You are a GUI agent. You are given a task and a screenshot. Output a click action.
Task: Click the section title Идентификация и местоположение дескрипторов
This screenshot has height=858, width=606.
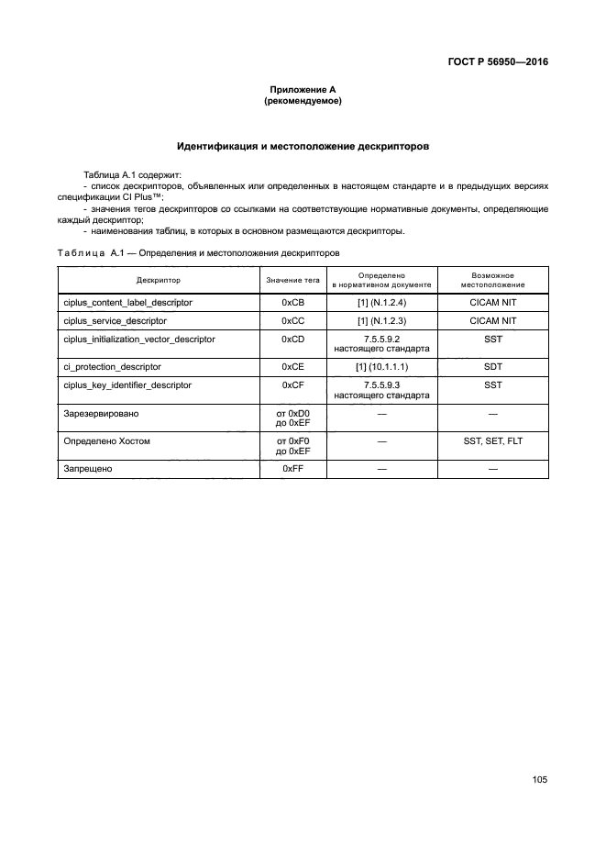[x=302, y=146]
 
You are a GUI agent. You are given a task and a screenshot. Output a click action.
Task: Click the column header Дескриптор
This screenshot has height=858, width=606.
[x=159, y=280]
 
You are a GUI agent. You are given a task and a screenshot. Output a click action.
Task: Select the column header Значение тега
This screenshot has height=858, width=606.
[x=292, y=280]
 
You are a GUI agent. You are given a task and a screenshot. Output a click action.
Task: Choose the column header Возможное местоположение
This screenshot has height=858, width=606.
[x=492, y=280]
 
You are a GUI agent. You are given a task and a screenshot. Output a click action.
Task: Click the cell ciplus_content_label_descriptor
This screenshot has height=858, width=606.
[x=127, y=302]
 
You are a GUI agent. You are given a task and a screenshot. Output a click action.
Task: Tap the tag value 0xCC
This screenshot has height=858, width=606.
[x=292, y=320]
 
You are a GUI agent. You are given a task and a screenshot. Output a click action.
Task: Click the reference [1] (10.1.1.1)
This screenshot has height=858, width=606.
[x=381, y=367]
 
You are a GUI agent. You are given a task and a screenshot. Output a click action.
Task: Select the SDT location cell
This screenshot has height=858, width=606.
[x=492, y=367]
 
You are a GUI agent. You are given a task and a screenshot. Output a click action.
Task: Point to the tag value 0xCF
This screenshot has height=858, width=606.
[x=292, y=385]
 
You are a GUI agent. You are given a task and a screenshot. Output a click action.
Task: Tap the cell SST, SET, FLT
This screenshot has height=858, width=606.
[x=492, y=441]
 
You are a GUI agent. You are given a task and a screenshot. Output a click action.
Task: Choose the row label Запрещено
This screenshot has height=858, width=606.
[x=88, y=469]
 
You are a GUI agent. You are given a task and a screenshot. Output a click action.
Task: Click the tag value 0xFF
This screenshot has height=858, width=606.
[x=292, y=469]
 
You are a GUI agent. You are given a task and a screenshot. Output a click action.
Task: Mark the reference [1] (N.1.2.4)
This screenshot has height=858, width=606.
[x=381, y=302]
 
